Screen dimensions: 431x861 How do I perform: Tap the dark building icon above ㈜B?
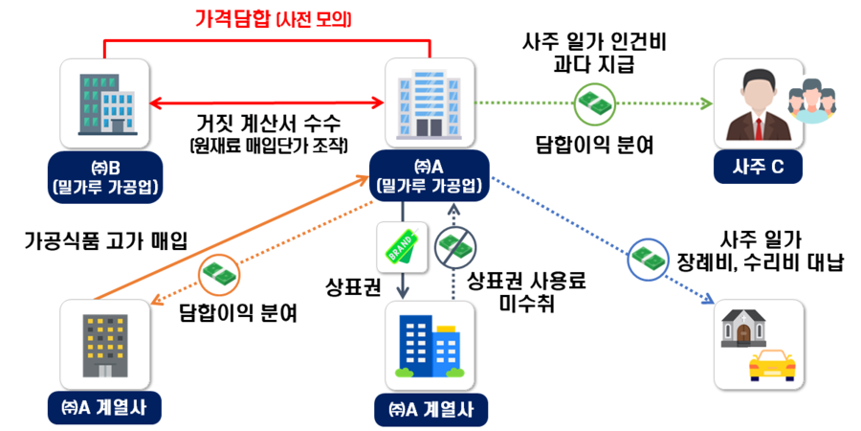(104, 101)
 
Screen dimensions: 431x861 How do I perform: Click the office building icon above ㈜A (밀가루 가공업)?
(430, 101)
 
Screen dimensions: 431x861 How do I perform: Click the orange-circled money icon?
(217, 275)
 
